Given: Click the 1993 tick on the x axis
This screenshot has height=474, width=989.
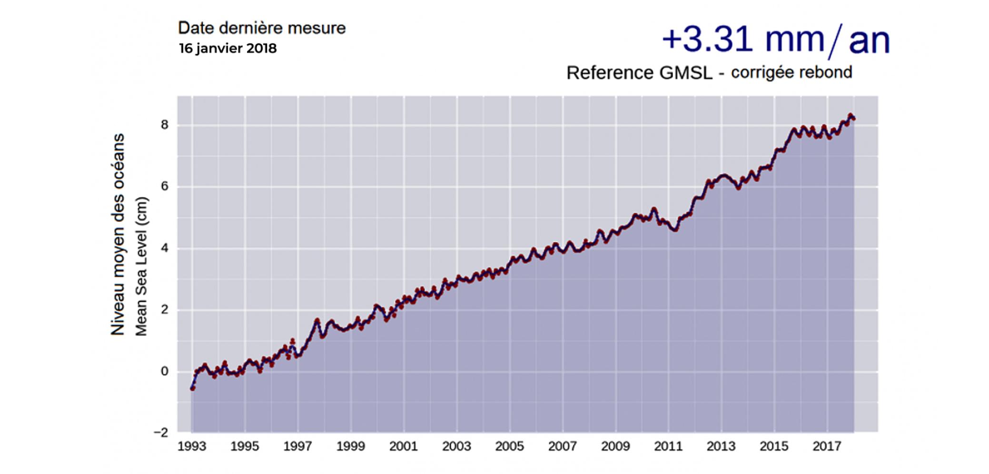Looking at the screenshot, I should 192,446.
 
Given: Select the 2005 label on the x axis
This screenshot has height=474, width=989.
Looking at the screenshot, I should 509,446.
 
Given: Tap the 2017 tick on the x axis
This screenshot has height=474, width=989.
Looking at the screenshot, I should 827,446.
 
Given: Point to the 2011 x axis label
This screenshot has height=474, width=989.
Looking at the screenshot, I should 668,446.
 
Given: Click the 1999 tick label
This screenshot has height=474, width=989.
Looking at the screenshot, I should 351,446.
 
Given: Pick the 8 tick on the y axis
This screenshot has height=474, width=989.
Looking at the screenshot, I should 165,125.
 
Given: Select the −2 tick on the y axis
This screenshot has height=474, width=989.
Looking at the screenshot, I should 161,433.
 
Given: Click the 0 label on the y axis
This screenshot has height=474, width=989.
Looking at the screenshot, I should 165,371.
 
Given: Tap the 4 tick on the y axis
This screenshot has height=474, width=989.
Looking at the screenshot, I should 165,248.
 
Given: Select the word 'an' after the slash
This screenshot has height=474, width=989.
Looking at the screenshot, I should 869,41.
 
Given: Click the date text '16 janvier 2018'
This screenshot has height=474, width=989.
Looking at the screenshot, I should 227,49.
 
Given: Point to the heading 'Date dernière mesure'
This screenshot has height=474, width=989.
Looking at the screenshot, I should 262,28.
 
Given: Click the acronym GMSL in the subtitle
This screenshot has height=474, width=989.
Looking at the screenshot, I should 686,73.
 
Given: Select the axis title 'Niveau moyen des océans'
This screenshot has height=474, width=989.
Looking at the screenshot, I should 118,234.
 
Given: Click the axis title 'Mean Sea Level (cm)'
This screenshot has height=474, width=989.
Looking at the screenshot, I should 141,266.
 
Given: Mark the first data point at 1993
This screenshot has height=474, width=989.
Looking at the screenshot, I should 192,388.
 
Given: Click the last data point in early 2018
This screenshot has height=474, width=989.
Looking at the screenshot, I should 853,119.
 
